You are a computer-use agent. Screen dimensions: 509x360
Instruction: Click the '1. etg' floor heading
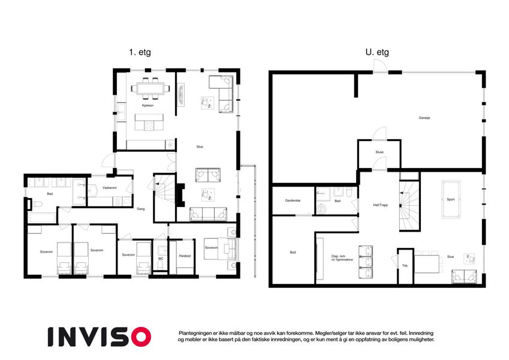click(x=140, y=52)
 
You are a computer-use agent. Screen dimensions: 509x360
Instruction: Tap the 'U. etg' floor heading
click(x=377, y=52)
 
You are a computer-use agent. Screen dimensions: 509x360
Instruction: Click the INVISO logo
click(x=100, y=337)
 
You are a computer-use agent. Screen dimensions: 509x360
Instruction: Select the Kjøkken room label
click(x=147, y=106)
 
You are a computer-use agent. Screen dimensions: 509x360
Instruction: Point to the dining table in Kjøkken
click(x=150, y=88)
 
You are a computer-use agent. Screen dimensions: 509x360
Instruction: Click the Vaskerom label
click(x=109, y=188)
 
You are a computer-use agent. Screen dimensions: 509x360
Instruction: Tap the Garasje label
click(x=424, y=118)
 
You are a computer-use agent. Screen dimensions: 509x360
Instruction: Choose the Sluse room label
click(x=380, y=152)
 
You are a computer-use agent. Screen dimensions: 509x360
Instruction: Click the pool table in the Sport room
click(x=451, y=199)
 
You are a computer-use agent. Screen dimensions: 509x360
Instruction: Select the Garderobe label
click(x=293, y=201)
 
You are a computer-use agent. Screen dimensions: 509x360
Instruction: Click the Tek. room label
click(x=405, y=266)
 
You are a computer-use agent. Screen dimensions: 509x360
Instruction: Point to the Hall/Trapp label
click(x=381, y=205)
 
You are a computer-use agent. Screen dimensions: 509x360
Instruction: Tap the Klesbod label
click(x=185, y=256)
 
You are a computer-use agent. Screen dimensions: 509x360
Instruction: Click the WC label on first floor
click(x=161, y=259)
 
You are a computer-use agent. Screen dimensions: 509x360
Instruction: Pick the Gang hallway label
click(x=140, y=209)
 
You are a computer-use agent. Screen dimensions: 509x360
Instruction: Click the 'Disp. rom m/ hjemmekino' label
click(x=342, y=258)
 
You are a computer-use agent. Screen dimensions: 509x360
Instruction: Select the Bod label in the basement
click(x=293, y=253)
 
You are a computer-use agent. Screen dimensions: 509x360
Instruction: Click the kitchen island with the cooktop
click(x=149, y=122)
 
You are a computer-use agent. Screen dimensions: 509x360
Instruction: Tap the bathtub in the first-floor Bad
click(x=42, y=218)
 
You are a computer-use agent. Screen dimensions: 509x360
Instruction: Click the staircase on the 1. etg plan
click(x=165, y=198)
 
